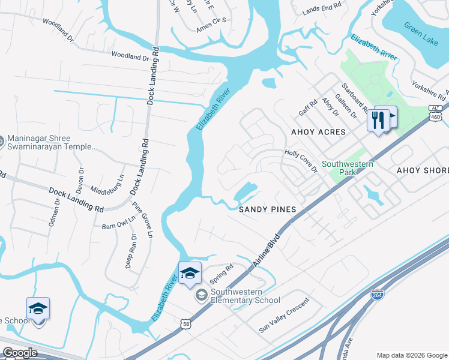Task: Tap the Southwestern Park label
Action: pyautogui.click(x=348, y=168)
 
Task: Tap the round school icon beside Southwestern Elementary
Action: pyautogui.click(x=201, y=295)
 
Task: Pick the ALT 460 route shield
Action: pyautogui.click(x=436, y=114)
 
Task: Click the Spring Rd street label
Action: pyautogui.click(x=221, y=274)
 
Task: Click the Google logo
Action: pyautogui.click(x=20, y=352)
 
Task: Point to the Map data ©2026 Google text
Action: pyautogui.click(x=411, y=355)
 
